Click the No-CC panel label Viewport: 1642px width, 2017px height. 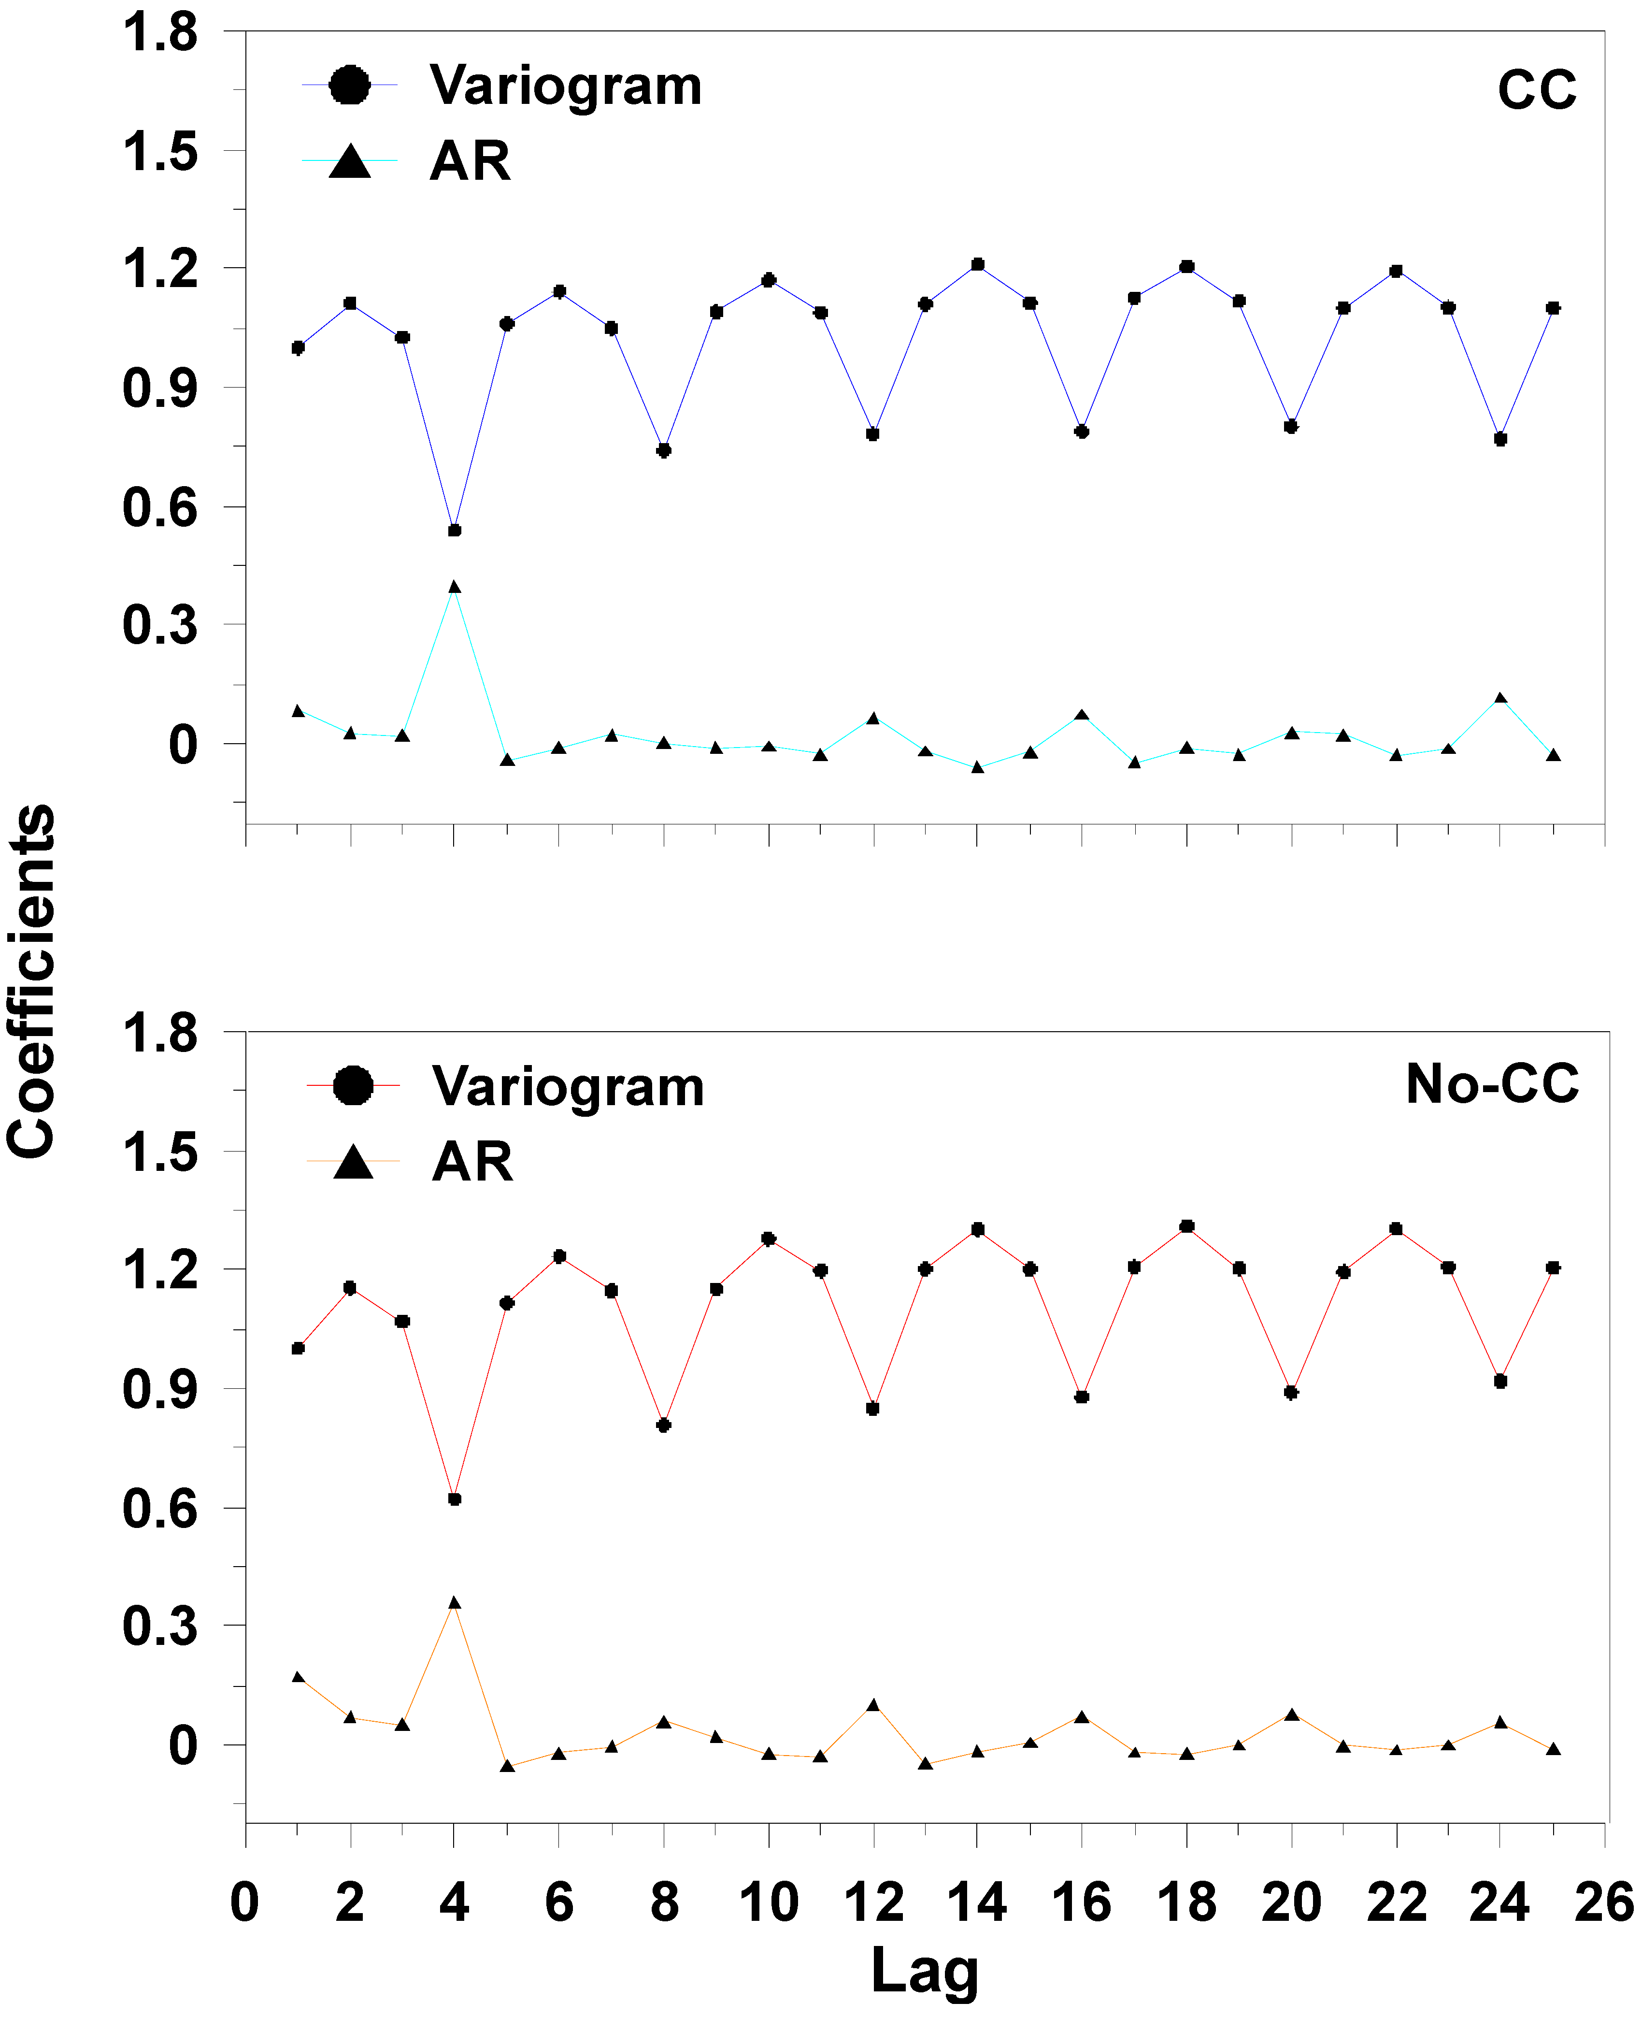[1492, 1084]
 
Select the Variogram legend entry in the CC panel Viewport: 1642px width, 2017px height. [565, 86]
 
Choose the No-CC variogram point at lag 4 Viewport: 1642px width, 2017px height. [455, 1498]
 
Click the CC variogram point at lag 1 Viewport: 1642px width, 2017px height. [298, 348]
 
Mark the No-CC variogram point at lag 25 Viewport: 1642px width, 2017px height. [1552, 1268]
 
